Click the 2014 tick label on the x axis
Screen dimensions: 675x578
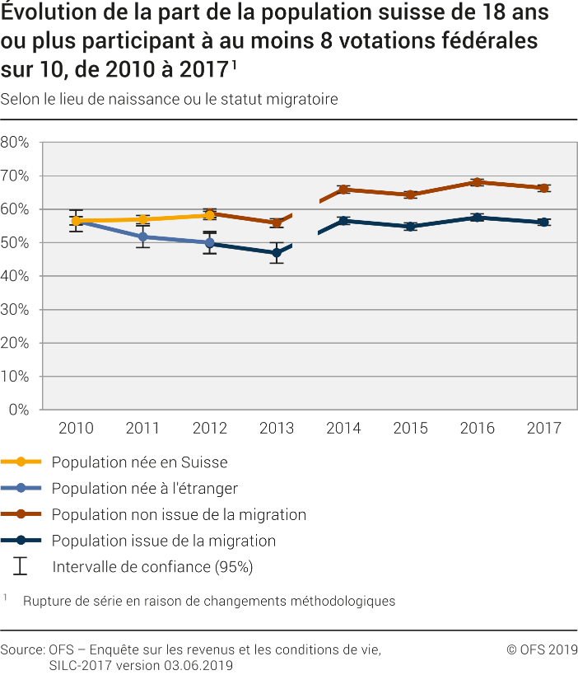[343, 428]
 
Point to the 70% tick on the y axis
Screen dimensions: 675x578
[15, 176]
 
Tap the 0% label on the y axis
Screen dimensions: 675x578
[19, 410]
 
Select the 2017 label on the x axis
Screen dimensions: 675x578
[543, 428]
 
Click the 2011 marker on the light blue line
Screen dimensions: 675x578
[143, 237]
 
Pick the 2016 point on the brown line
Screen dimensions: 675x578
[477, 182]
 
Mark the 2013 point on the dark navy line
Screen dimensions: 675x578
[277, 253]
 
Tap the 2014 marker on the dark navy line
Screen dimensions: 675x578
[343, 221]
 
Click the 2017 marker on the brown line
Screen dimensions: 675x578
[543, 188]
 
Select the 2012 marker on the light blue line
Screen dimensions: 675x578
[210, 243]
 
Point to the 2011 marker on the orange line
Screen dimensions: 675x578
[143, 219]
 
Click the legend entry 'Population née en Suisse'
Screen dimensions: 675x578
[139, 462]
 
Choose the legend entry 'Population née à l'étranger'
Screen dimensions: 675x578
[144, 489]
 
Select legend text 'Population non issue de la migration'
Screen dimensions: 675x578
[179, 515]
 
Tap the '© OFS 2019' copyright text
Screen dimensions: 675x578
[542, 649]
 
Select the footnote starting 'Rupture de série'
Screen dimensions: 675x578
[209, 601]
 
